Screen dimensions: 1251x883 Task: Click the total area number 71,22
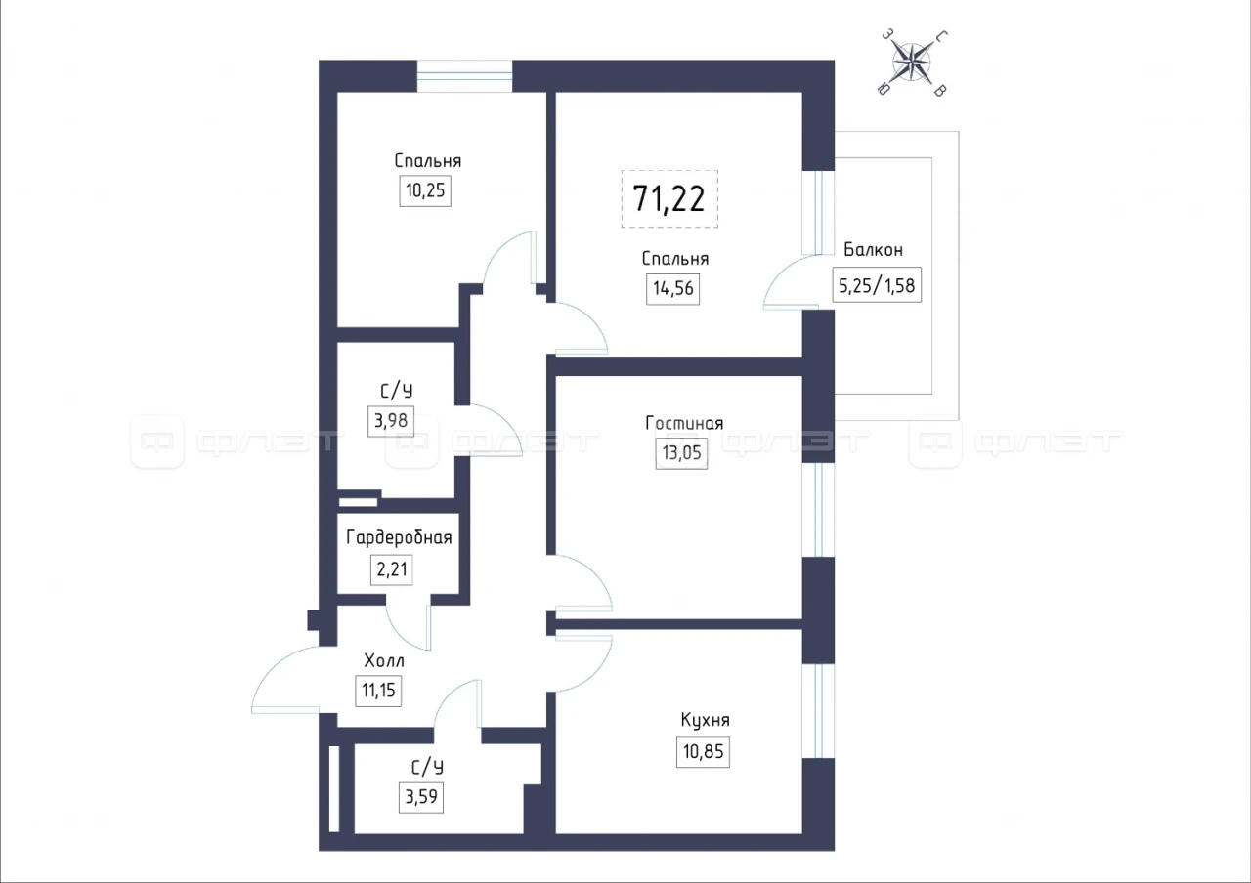click(x=669, y=198)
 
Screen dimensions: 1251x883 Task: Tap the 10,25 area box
click(x=425, y=190)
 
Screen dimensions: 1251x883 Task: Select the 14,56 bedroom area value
click(x=673, y=288)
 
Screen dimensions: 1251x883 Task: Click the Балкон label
click(x=873, y=249)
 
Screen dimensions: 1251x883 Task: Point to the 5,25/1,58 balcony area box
click(x=877, y=285)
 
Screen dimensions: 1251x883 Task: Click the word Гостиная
click(x=684, y=423)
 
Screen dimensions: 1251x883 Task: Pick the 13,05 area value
click(x=681, y=452)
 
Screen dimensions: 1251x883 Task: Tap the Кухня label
click(x=705, y=720)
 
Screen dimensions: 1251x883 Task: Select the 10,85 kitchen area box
click(x=703, y=752)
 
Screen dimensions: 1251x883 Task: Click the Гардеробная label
click(x=399, y=537)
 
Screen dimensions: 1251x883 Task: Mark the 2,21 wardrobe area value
click(x=392, y=569)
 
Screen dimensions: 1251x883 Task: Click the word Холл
click(x=384, y=661)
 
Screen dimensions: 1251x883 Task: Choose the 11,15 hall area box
click(x=378, y=691)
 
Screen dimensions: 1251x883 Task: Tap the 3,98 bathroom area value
click(x=390, y=420)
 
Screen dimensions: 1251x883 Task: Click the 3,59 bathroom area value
click(x=421, y=797)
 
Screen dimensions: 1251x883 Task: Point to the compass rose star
click(x=912, y=62)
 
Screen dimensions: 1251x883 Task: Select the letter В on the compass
click(x=940, y=91)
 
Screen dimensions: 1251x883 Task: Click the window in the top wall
click(x=464, y=76)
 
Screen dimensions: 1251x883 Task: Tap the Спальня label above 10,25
click(x=428, y=161)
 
